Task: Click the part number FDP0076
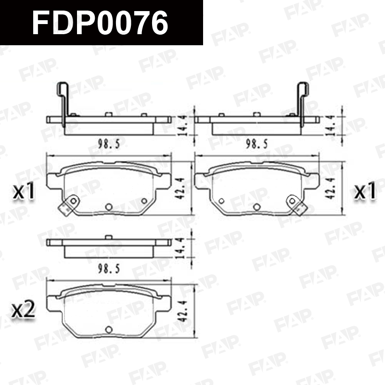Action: click(x=100, y=23)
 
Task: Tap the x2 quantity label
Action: click(x=24, y=310)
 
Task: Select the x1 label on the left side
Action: click(x=24, y=192)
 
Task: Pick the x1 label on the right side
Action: click(x=365, y=191)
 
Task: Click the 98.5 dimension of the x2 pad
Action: click(x=109, y=269)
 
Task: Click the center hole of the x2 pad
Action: click(x=109, y=330)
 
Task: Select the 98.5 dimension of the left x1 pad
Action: click(x=109, y=144)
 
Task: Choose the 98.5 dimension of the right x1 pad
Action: click(x=257, y=144)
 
